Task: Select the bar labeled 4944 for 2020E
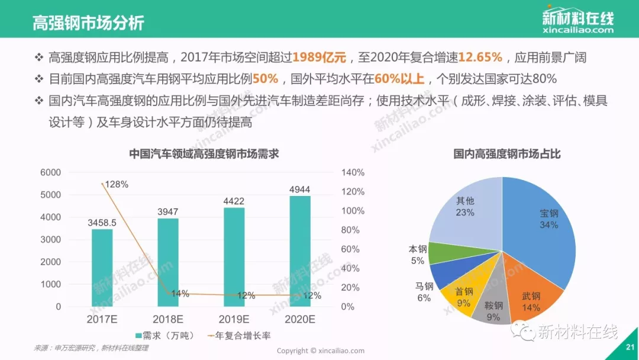pyautogui.click(x=299, y=251)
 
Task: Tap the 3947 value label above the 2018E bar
pyautogui.click(x=167, y=211)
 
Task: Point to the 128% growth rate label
pyautogui.click(x=117, y=184)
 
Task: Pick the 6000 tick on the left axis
pyautogui.click(x=50, y=172)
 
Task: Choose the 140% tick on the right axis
pyautogui.click(x=353, y=172)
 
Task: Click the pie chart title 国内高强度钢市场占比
pyautogui.click(x=507, y=154)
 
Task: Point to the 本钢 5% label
pyautogui.click(x=417, y=255)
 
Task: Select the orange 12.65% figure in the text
pyautogui.click(x=480, y=57)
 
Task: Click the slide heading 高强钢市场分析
pyautogui.click(x=88, y=23)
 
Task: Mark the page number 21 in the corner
pyautogui.click(x=629, y=348)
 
